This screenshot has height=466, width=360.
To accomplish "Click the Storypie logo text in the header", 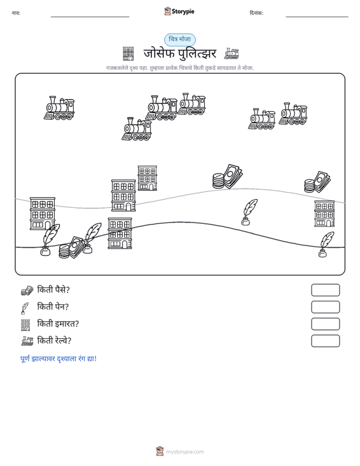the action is coord(183,11).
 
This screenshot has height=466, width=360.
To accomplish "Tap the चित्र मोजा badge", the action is coord(180,39).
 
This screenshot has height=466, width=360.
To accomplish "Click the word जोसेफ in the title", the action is coord(159,53).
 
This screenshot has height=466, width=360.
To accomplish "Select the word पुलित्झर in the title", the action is coord(197,53).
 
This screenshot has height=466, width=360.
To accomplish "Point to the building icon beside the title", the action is coord(128,54).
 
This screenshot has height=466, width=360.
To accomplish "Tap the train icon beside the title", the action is coord(232,53).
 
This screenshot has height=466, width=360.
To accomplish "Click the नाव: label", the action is coord(16,13).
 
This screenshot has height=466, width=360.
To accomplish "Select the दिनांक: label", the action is coord(256,13).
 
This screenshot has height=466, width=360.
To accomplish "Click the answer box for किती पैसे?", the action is coord(325,290).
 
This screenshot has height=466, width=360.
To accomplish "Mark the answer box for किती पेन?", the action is coord(325,307).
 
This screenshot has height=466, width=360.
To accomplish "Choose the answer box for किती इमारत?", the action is coord(325,324).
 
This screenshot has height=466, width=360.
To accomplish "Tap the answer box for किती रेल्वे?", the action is coord(325,341).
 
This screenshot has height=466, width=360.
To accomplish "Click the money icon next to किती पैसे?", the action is coord(27,291).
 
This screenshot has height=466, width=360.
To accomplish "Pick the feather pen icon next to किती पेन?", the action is coord(25,308).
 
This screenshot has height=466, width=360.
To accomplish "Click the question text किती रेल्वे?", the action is coord(54,341).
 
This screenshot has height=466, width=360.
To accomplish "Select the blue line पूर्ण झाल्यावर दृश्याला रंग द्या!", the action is coord(59,359).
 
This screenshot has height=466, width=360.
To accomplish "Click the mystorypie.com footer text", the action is coord(184,452).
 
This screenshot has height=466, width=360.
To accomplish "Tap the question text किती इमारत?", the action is coord(58,324).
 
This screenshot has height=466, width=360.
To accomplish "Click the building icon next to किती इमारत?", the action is coord(25,325).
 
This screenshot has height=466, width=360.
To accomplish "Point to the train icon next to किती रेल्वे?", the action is coord(27,341).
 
